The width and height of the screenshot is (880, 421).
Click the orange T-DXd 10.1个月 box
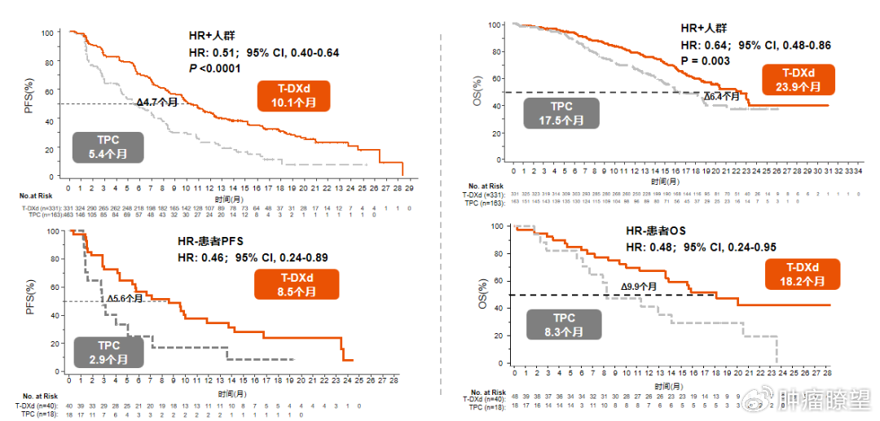pyautogui.click(x=294, y=96)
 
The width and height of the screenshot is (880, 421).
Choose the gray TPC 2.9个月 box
pyautogui.click(x=109, y=351)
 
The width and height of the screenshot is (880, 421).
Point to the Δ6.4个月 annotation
pyautogui.click(x=722, y=96)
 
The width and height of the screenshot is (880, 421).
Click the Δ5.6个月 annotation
pyautogui.click(x=125, y=298)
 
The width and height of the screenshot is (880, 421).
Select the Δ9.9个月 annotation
pyautogui.click(x=639, y=287)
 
